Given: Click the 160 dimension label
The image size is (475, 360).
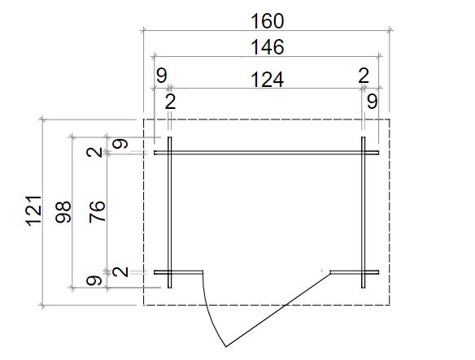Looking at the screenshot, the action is (268, 21).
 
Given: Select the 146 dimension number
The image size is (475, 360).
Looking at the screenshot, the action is (268, 47).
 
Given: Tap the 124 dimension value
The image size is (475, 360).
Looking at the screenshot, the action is (268, 80).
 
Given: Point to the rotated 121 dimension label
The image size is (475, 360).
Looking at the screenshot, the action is (33, 211).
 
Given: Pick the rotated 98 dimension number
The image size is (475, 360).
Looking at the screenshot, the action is (63, 212).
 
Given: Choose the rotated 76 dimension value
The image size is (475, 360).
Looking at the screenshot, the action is (98, 211).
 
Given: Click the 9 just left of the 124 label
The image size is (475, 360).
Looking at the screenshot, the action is (162, 76).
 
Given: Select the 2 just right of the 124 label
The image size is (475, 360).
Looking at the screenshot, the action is (364, 76).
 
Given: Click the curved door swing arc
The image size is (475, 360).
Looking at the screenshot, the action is (210, 312).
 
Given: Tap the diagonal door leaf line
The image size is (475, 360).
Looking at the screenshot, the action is (278, 310).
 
